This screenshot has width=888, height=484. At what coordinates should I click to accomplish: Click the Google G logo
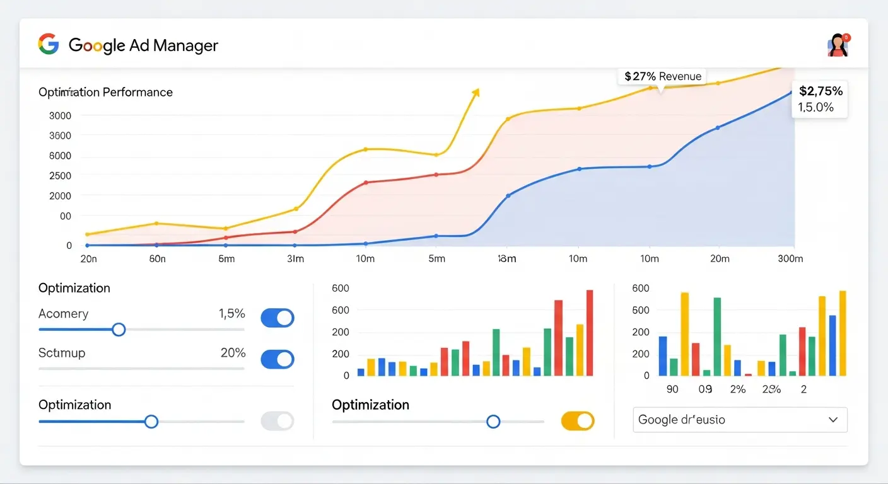point(49,45)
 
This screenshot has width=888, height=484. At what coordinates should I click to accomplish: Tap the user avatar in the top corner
point(838,45)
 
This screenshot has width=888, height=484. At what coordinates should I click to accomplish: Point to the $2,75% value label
point(820,91)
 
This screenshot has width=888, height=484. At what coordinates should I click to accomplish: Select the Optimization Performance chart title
point(105,92)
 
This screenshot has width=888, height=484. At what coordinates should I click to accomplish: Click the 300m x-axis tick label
point(790,258)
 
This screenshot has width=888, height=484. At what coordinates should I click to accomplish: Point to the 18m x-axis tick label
point(506,258)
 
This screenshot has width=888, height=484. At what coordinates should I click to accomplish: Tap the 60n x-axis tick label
point(157,258)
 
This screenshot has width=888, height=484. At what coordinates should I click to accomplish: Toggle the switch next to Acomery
point(277,318)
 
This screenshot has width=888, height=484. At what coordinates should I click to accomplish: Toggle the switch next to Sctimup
point(277,359)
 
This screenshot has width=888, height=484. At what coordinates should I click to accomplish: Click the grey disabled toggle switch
point(277,421)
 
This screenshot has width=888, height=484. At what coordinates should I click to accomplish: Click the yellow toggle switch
point(578,421)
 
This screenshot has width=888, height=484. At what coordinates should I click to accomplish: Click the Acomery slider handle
point(119,330)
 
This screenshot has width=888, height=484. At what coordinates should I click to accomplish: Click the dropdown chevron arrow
point(833,420)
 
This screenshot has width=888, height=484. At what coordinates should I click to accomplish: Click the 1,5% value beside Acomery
point(231,314)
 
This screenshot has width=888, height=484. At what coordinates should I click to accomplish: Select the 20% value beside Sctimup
point(233,353)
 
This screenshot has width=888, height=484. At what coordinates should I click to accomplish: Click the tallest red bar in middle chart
point(590,333)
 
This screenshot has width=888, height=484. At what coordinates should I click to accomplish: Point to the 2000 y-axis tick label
point(60,196)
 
